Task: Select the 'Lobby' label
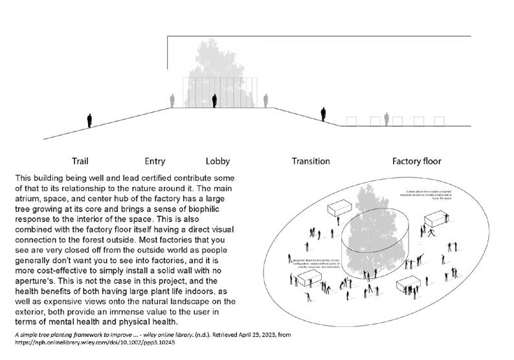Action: coord(218,161)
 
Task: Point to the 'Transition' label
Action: coord(311,161)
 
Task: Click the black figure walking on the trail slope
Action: coord(89,120)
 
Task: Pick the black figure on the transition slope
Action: coord(323,114)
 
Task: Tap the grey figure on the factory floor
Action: coord(386,119)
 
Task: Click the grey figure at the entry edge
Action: coord(172,101)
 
